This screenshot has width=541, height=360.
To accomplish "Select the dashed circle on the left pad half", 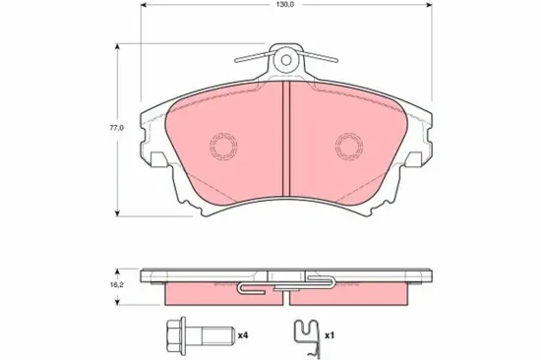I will (223, 146).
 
